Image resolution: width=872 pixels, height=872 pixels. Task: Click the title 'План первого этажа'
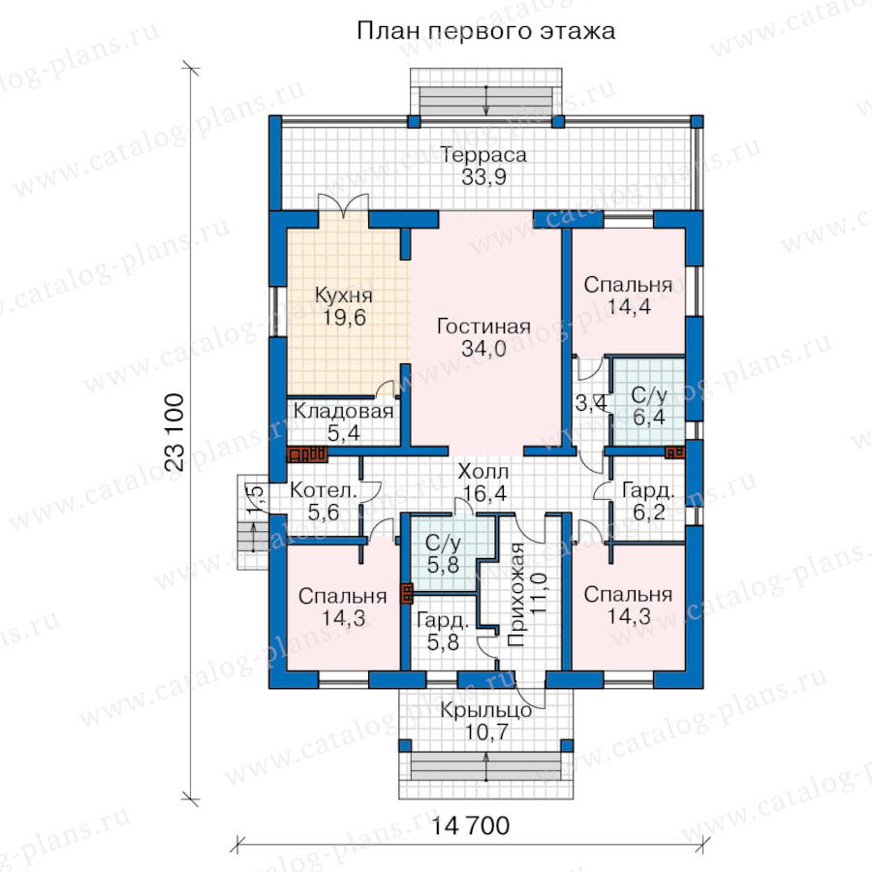tap(485, 31)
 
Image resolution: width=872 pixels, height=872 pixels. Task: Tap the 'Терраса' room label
tap(483, 155)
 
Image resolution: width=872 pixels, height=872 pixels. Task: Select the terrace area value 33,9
tap(483, 177)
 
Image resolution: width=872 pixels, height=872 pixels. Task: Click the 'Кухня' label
tap(344, 295)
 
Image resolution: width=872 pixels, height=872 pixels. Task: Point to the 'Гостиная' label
tap(483, 326)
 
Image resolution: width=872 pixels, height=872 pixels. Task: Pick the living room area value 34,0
tap(483, 349)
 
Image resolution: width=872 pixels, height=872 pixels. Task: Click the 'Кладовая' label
tap(344, 411)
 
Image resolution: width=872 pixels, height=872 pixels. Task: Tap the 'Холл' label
tap(483, 472)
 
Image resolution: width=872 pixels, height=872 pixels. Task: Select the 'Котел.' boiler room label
tap(324, 490)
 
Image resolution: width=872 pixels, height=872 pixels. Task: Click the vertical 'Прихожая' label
tap(516, 595)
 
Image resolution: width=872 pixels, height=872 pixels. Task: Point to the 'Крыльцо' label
tap(486, 710)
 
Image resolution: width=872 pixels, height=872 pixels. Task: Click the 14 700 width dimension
tap(471, 825)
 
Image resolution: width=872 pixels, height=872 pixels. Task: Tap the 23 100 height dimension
tap(174, 433)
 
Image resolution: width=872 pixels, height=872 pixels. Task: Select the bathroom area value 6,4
tap(649, 417)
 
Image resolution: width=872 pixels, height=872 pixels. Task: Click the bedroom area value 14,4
tap(629, 306)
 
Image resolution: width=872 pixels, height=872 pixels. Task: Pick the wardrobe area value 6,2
tap(649, 513)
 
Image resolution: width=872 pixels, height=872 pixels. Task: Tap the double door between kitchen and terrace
tap(344, 204)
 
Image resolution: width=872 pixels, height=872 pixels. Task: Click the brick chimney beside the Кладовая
tap(306, 455)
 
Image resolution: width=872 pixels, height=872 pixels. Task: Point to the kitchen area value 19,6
tap(345, 318)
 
